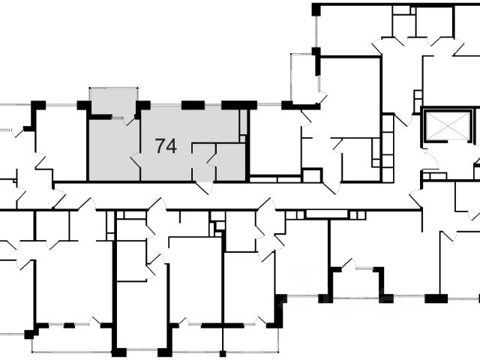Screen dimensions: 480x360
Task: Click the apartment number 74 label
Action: (166, 146)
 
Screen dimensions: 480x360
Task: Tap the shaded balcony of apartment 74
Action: (113, 101)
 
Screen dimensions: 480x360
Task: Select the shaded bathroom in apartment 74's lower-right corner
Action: (231, 162)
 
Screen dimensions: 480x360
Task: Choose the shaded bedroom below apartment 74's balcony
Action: (114, 150)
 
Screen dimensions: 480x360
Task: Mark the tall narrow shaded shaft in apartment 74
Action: (243, 121)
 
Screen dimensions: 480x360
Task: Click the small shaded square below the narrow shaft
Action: (242, 139)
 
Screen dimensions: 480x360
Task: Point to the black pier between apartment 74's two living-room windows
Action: (193, 105)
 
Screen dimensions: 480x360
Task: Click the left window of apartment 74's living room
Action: (166, 105)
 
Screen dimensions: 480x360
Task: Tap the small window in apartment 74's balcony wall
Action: (118, 117)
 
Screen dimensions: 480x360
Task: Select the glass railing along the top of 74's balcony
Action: (113, 88)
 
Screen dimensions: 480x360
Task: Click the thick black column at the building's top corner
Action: (316, 10)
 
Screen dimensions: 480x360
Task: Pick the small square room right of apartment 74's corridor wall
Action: (311, 175)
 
